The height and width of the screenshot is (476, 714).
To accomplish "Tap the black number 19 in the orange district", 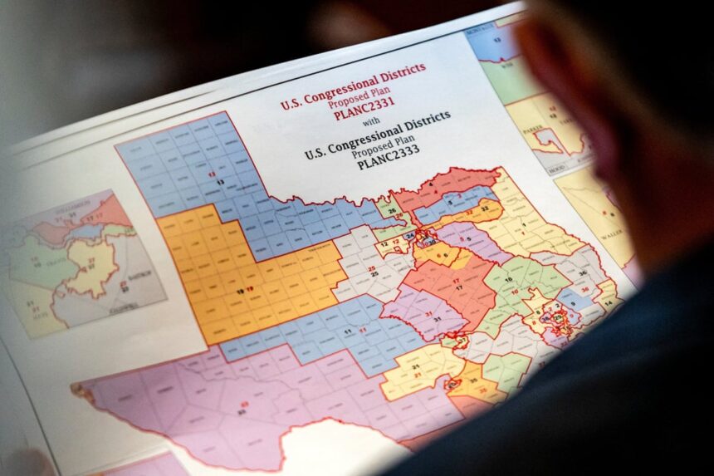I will click(x=240, y=291).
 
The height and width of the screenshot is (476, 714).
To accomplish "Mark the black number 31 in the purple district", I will click(x=437, y=319).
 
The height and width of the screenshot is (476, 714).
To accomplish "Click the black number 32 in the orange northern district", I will click(x=482, y=211).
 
